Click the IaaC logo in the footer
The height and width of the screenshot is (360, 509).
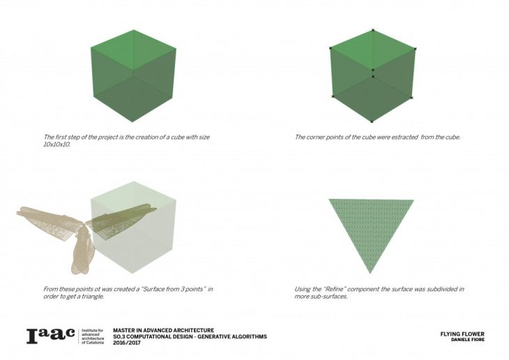pyautogui.click(x=51, y=336)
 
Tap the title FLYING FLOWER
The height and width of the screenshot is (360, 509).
pyautogui.click(x=462, y=334)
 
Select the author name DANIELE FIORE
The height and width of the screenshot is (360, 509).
pyautogui.click(x=468, y=340)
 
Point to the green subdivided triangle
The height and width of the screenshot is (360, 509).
pyautogui.click(x=371, y=227)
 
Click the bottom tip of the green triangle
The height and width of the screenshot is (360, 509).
pyautogui.click(x=370, y=273)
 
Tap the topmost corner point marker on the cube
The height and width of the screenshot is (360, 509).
pyautogui.click(x=373, y=30)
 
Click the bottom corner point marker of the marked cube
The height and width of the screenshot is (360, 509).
pyautogui.click(x=372, y=122)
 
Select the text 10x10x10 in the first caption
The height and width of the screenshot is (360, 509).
pyautogui.click(x=56, y=144)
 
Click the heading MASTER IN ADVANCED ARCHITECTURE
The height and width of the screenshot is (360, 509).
pyautogui.click(x=164, y=331)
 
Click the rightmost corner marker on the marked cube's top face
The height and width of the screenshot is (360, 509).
pyautogui.click(x=415, y=49)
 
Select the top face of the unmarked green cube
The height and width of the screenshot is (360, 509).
pyautogui.click(x=133, y=50)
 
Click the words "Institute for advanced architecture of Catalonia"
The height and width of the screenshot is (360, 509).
pyautogui.click(x=93, y=336)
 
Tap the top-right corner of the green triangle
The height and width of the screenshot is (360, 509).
pyautogui.click(x=414, y=200)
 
